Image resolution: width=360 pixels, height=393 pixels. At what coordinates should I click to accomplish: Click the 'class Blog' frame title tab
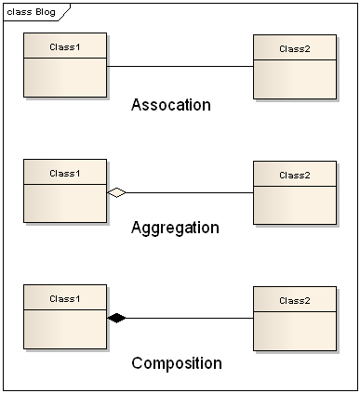pos(31,11)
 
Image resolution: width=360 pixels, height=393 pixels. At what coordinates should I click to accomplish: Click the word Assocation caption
pos(171,105)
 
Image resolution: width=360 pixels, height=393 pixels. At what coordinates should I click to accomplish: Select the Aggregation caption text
pos(175,228)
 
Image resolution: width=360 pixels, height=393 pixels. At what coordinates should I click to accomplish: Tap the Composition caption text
pos(177,363)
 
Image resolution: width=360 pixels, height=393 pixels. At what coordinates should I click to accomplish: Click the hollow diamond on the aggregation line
pos(116,192)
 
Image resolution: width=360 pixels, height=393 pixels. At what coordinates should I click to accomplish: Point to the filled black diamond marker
pos(116,318)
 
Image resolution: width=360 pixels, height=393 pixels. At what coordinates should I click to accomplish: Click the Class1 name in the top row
pos(65,46)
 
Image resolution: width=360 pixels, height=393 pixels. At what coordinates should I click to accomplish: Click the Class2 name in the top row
pos(295,48)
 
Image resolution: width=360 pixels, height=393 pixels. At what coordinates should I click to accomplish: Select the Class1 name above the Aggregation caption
pos(65,173)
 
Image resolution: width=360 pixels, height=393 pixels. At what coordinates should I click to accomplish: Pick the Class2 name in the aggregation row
pos(295,175)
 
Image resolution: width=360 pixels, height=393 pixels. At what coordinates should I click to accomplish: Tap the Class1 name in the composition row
pos(65,298)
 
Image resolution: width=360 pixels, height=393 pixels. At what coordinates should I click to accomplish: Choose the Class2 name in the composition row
pos(295,301)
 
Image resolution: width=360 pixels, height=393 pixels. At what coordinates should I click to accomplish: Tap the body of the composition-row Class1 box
pos(65,330)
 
